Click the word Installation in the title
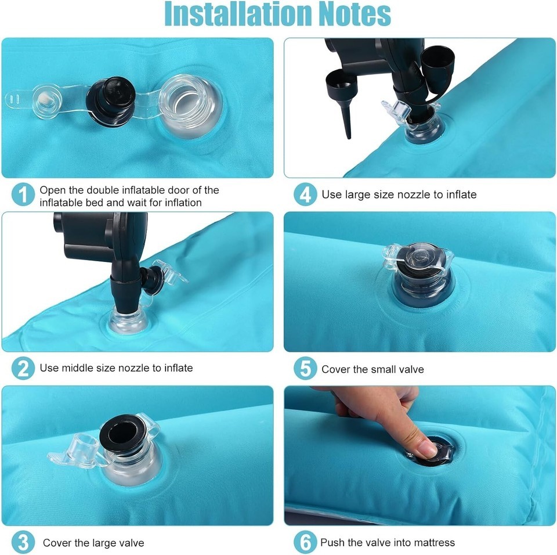point(238,14)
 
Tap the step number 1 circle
point(23,194)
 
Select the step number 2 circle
point(23,368)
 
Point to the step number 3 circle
point(23,543)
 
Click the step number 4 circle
point(305,194)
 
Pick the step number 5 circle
point(305,368)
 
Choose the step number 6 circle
point(305,542)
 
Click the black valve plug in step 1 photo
point(111,102)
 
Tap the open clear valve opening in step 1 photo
point(191,106)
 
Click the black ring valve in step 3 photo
point(123,434)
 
